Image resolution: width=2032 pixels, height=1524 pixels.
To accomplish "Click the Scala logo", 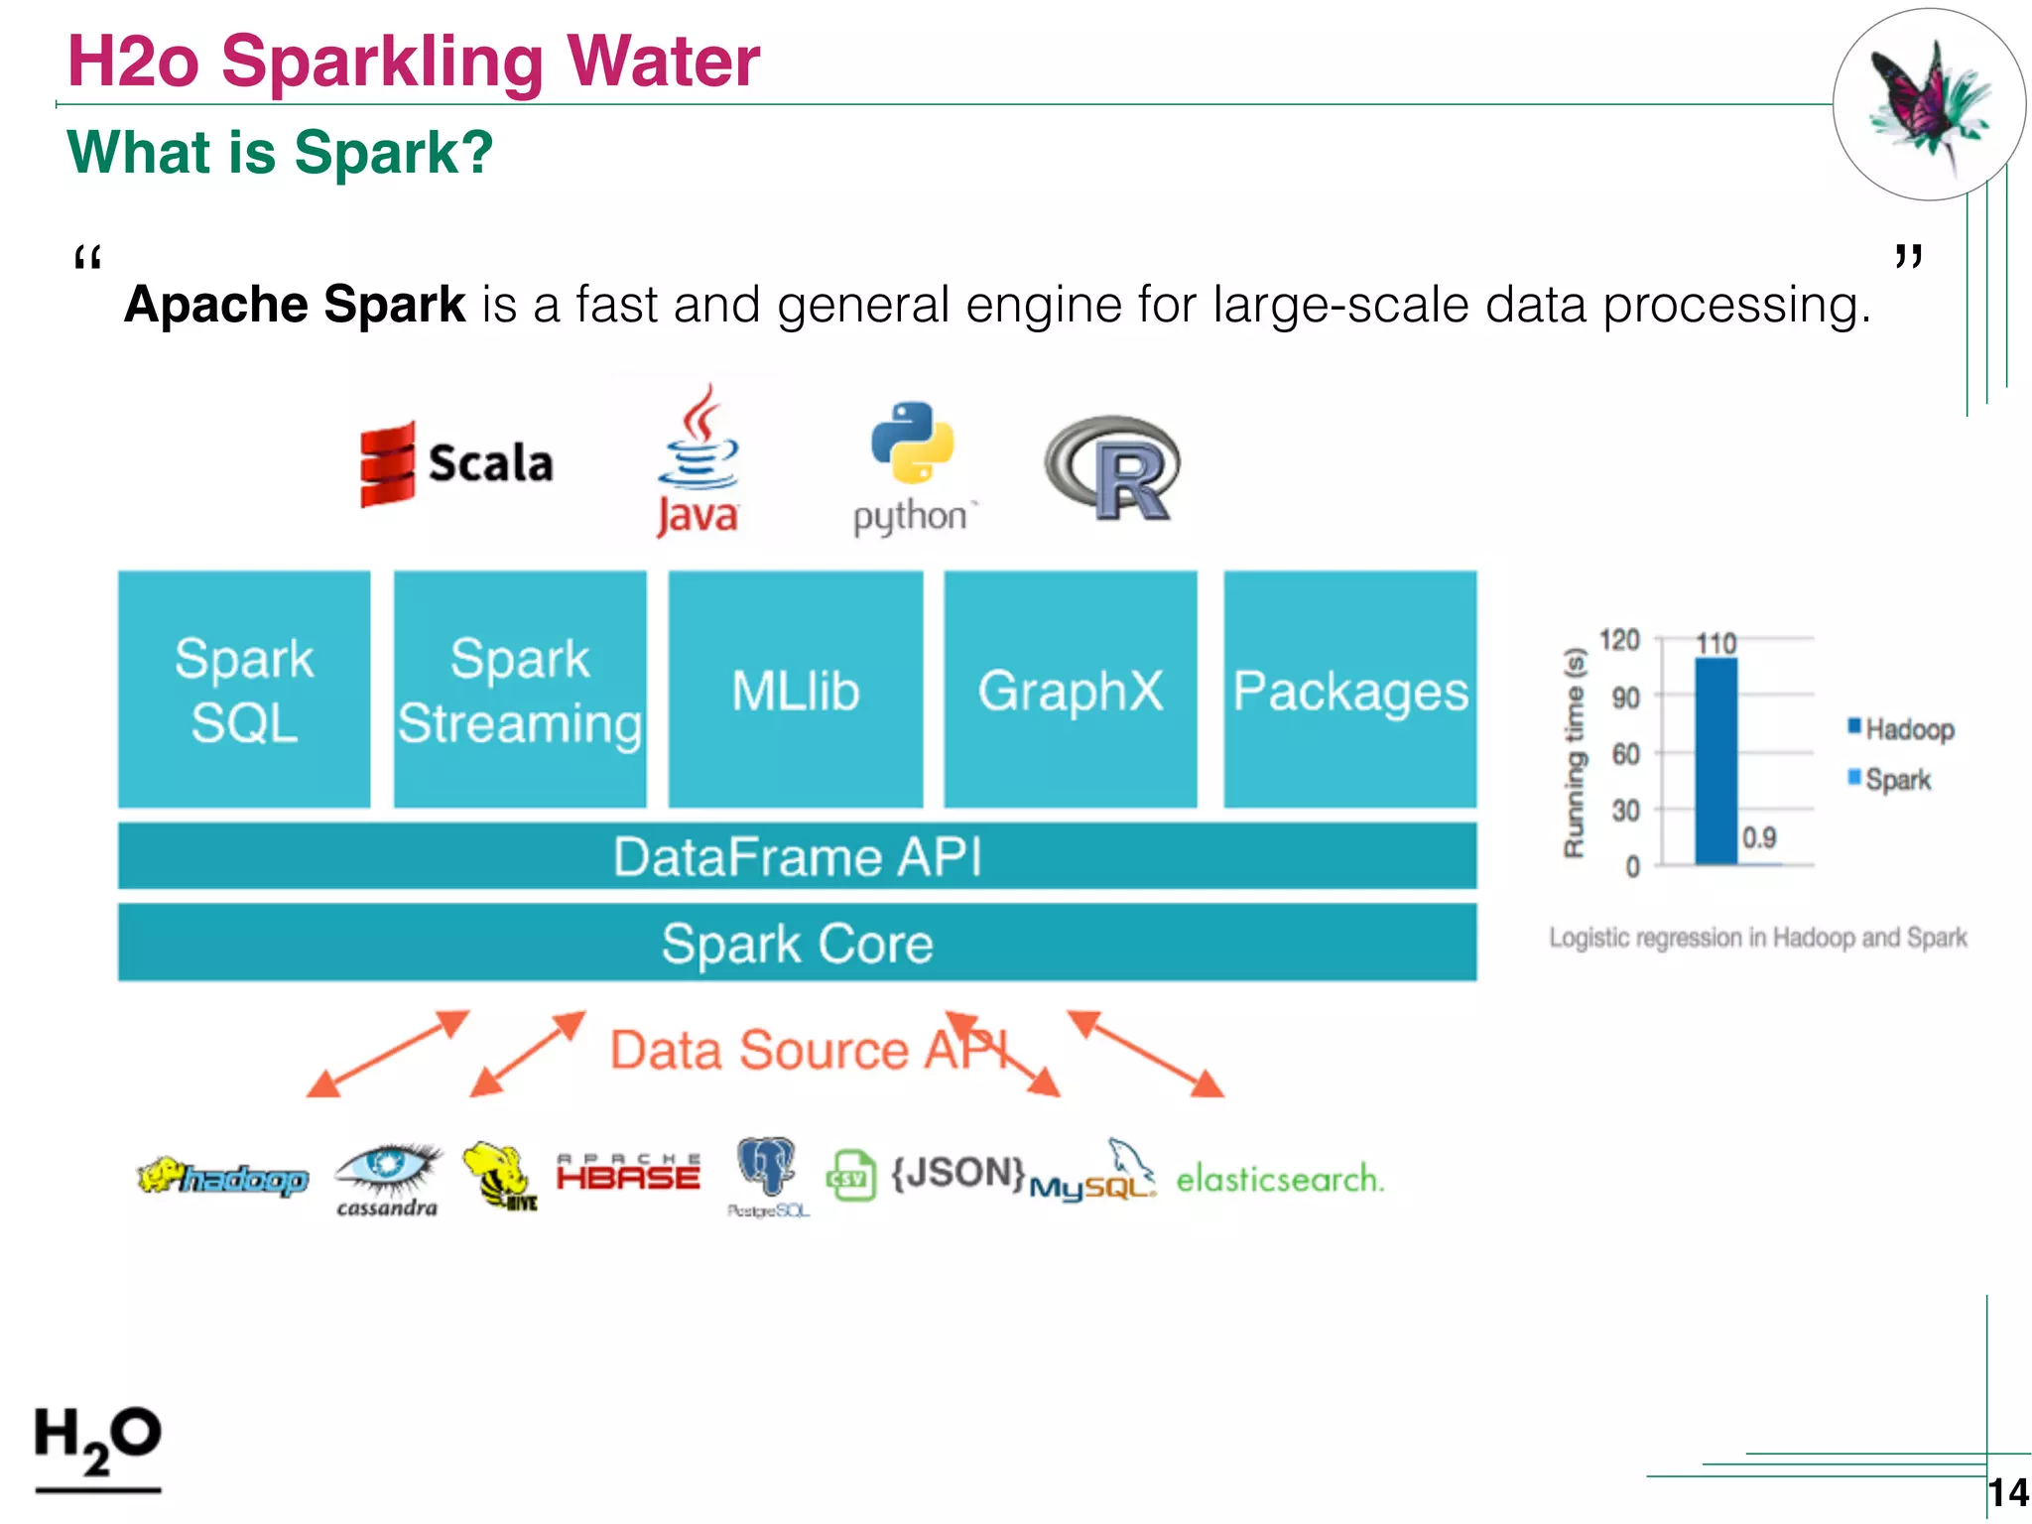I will click(x=456, y=463).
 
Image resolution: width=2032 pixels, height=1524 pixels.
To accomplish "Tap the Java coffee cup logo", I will click(x=698, y=461).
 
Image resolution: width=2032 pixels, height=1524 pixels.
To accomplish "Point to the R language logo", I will click(x=1114, y=468).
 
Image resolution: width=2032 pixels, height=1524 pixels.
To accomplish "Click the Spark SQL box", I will click(x=244, y=690).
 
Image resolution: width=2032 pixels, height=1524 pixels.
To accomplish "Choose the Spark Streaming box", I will click(x=520, y=690).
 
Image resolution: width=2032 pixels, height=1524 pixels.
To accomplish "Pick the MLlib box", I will click(x=796, y=690).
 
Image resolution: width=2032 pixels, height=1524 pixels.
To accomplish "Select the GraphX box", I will click(x=1071, y=690).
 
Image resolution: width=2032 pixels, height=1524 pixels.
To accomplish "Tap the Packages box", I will click(x=1349, y=690).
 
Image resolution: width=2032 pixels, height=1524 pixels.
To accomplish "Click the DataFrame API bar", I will click(x=797, y=856).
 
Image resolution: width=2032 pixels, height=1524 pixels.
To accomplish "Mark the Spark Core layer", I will click(x=797, y=943).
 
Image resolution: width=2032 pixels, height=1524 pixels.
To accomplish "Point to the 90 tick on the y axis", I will click(x=1625, y=698).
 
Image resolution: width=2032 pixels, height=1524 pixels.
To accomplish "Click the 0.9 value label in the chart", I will click(x=1759, y=838).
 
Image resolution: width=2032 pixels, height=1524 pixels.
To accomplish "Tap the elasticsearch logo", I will click(x=1279, y=1179).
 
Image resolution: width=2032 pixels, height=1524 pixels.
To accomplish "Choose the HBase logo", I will click(x=628, y=1173).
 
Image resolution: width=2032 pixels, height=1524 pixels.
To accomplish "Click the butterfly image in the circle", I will click(x=1927, y=105).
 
